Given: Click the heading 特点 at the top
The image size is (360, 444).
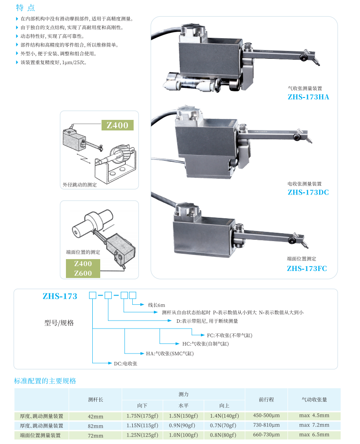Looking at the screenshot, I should pyautogui.click(x=25, y=8).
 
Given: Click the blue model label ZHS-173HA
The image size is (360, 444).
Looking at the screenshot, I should pyautogui.click(x=308, y=97).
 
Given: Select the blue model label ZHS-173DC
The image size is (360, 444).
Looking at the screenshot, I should pyautogui.click(x=308, y=192).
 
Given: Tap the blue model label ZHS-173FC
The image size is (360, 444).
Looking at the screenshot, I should pyautogui.click(x=307, y=268).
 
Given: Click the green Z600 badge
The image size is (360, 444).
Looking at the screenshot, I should pyautogui.click(x=83, y=273).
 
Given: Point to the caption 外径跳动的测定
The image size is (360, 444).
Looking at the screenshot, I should pyautogui.click(x=80, y=185).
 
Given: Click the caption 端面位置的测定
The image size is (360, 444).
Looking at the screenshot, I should pyautogui.click(x=83, y=253).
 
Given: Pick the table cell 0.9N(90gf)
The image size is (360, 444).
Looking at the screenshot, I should pyautogui.click(x=183, y=426).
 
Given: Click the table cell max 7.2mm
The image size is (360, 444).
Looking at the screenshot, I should pyautogui.click(x=314, y=425).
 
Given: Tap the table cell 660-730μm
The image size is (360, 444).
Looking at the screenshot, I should pyautogui.click(x=266, y=435).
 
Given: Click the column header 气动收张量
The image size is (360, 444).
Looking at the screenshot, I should pyautogui.click(x=314, y=400).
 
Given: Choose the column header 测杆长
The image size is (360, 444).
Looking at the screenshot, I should pyautogui.click(x=95, y=400).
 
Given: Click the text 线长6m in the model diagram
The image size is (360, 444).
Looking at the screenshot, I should pyautogui.click(x=156, y=305).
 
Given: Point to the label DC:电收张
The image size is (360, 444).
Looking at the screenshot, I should pyautogui.click(x=126, y=364).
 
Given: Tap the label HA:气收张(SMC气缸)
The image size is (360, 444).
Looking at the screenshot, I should pyautogui.click(x=170, y=353).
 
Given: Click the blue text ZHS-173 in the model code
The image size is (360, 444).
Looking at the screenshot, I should pyautogui.click(x=60, y=296).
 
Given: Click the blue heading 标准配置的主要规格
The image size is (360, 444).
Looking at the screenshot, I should pyautogui.click(x=45, y=381).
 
